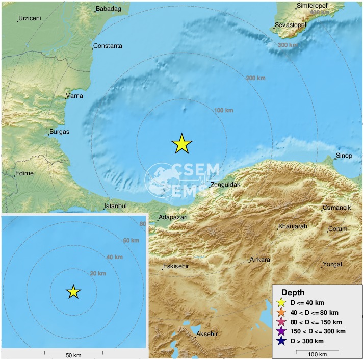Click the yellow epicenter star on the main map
coord(181,144)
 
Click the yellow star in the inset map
coord(73,292)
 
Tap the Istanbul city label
coord(115,207)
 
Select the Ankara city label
coord(260,260)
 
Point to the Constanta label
coord(108,46)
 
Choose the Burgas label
coord(59,132)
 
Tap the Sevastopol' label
coord(291,24)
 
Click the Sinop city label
coord(344,156)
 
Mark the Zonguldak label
coord(225,185)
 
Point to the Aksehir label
coord(207,334)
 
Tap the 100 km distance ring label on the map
coord(224,110)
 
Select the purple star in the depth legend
coord(280,331)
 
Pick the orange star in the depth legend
coord(280,312)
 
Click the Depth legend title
coord(293,292)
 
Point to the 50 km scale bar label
coord(73,355)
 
